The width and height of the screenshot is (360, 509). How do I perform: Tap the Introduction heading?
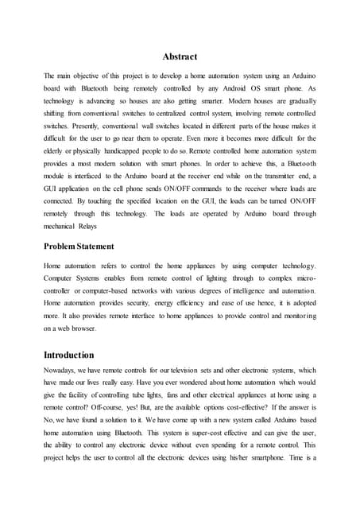69,355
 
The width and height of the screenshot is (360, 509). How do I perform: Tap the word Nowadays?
61,371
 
